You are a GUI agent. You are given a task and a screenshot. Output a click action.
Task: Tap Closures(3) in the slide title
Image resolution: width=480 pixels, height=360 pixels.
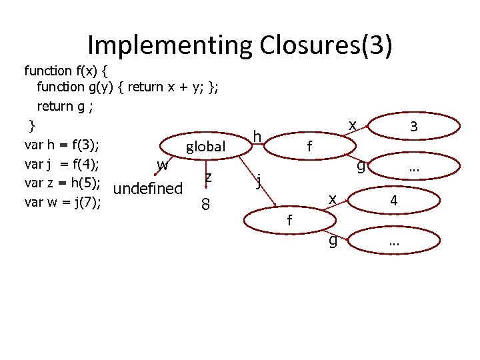323,45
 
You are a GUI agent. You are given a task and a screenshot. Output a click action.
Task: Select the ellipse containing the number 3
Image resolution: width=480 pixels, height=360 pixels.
414,125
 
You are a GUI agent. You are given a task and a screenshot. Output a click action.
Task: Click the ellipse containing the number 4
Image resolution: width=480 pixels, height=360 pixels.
394,200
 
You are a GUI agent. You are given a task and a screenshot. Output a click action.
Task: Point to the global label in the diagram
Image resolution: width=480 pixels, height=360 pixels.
206,147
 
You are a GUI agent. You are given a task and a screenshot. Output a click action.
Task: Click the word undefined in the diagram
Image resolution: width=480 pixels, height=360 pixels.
148,189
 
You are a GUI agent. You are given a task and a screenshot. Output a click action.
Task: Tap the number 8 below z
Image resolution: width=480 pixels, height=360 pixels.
206,205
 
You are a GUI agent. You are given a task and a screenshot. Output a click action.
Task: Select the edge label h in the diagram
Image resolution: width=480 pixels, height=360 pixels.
256,137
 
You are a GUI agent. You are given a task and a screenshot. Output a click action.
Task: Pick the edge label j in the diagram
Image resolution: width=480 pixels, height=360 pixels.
259,179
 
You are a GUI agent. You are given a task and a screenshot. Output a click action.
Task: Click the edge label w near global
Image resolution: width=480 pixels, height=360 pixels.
162,164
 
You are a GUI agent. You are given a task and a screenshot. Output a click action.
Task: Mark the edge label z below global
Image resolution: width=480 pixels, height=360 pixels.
209,176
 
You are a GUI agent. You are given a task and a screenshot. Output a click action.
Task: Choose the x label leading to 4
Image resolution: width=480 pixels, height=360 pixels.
331,198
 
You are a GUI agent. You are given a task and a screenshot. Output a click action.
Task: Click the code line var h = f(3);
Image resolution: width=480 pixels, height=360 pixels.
62,146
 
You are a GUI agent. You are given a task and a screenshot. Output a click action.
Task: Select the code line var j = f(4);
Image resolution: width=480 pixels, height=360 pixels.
62,164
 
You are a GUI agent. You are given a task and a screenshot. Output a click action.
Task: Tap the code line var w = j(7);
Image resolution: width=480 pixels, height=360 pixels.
62,201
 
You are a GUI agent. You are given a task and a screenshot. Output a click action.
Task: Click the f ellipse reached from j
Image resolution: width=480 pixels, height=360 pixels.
289,219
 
